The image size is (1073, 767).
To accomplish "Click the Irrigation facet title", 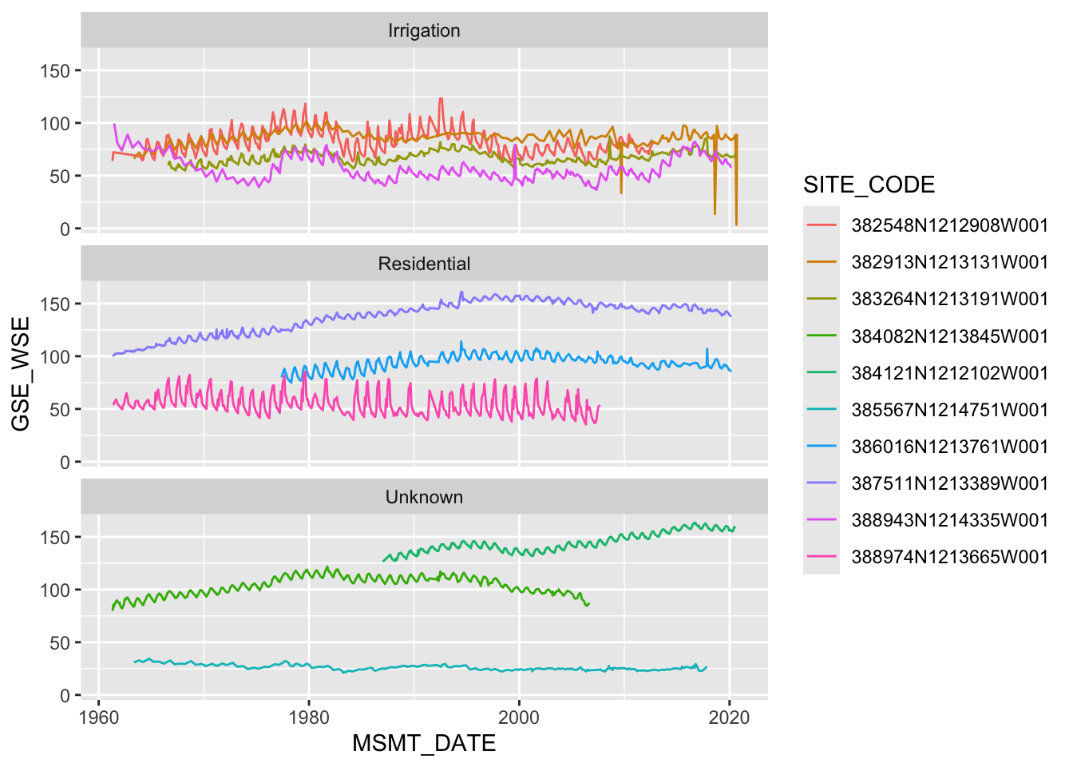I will (424, 30).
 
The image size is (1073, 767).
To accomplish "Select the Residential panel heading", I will (424, 264).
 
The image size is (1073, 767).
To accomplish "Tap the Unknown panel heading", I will (424, 497).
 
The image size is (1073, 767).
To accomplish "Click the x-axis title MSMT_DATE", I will (424, 743).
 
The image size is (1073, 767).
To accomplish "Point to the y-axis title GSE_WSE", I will (21, 373).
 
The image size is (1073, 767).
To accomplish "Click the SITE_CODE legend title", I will (869, 185).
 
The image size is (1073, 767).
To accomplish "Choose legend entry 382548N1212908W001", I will (949, 225).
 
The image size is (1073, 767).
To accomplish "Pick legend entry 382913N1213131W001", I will (949, 262).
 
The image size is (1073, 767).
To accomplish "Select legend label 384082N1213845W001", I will (949, 336).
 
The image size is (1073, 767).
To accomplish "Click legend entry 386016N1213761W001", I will (949, 447).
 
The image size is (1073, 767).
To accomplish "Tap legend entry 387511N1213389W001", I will (949, 483).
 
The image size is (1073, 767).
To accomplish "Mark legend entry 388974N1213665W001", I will (949, 557).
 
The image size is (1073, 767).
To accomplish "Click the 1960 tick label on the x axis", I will (98, 717).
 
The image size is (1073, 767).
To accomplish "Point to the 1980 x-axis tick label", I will (309, 717).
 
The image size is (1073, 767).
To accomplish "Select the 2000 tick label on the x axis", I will (519, 717).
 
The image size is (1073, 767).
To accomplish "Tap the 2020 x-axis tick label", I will (730, 717).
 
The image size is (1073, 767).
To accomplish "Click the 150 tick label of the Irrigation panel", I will (55, 70).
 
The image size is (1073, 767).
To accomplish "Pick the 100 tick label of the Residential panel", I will (55, 356).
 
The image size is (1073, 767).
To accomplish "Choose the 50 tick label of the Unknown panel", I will (60, 642).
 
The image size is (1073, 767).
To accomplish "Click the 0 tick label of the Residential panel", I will (65, 462).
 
